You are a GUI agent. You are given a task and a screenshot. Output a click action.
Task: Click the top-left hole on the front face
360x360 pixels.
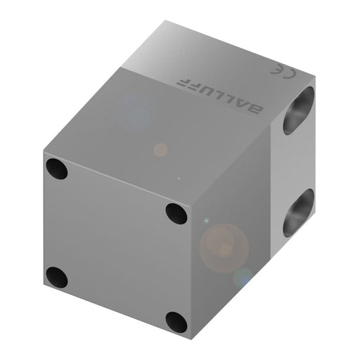[56, 169]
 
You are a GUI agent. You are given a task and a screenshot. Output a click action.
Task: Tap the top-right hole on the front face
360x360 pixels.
[176, 213]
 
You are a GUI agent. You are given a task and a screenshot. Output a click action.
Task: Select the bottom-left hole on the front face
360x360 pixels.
[56, 277]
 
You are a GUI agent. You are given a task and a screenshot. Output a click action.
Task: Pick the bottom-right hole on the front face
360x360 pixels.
[176, 322]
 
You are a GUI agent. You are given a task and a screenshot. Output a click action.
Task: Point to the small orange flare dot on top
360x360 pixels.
[160, 150]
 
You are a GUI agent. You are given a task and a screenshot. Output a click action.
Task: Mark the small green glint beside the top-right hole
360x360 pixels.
[205, 222]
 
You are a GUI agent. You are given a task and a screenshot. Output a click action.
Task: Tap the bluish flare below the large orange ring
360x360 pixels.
[243, 278]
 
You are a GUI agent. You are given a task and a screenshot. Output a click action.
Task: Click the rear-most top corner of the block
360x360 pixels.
[166, 21]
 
